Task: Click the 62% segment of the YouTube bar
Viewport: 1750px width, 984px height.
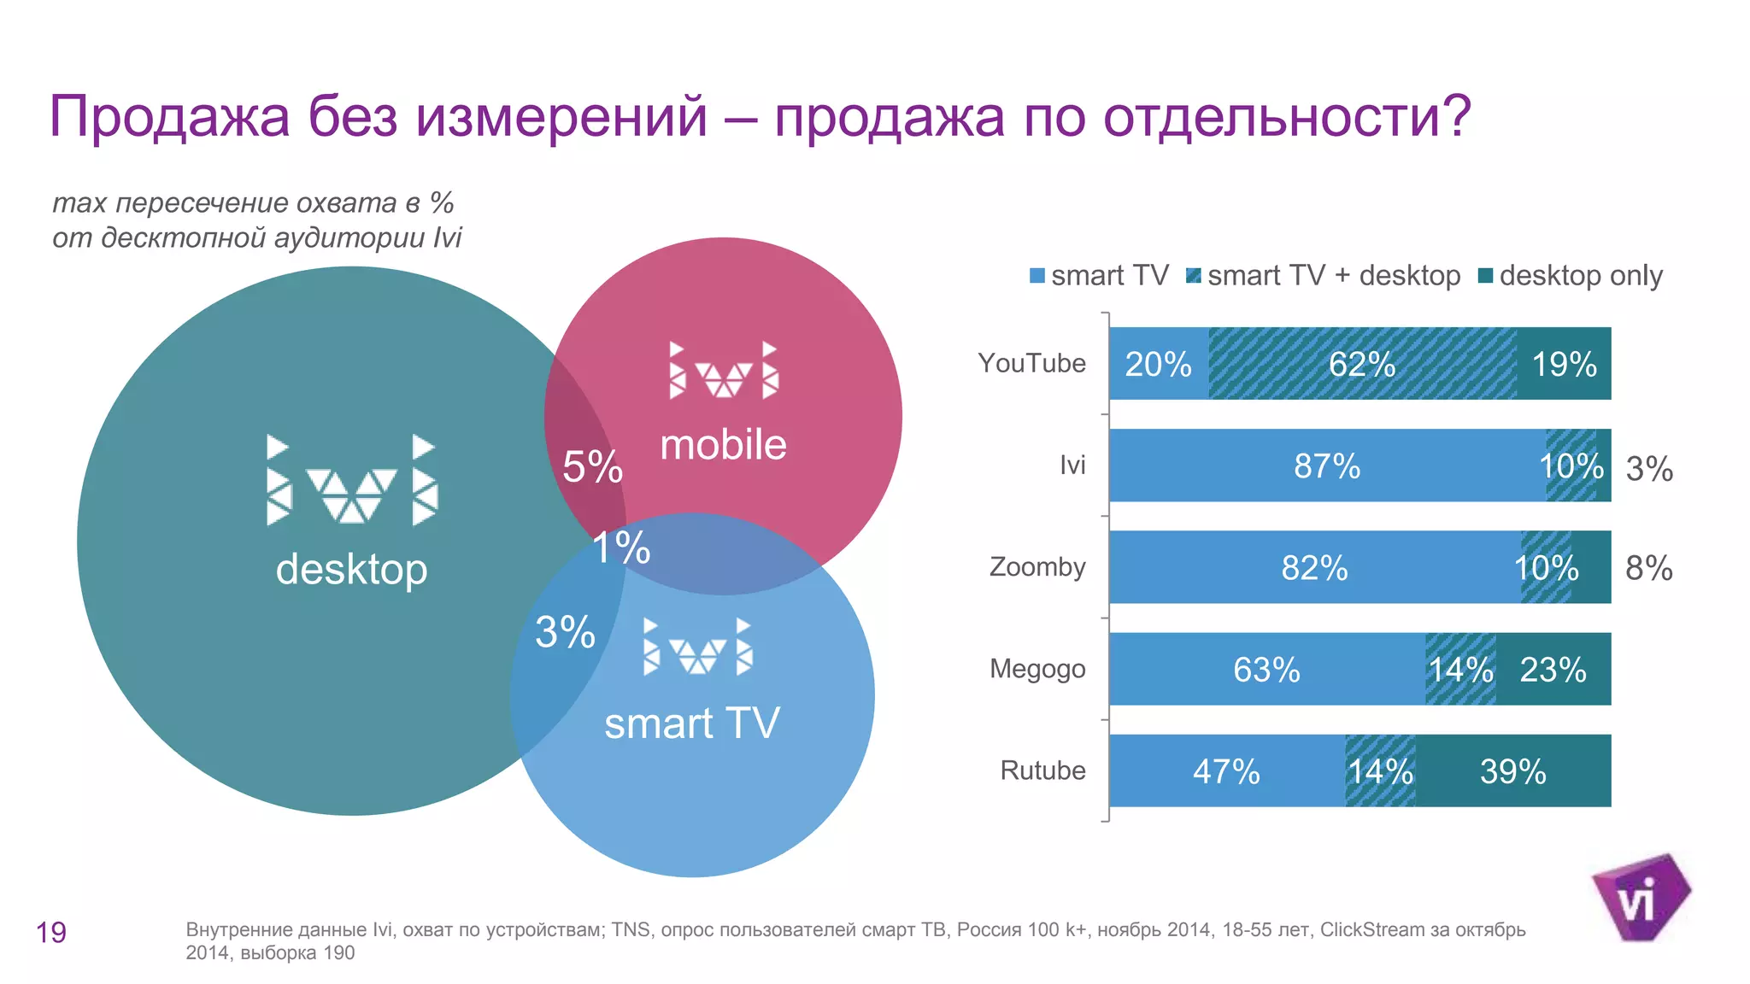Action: click(x=1362, y=364)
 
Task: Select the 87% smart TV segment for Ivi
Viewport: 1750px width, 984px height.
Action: click(x=1326, y=466)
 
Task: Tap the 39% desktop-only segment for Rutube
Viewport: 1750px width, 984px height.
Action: click(x=1512, y=771)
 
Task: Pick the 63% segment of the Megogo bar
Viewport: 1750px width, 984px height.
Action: click(x=1266, y=669)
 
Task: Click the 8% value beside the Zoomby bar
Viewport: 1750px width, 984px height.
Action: click(x=1648, y=568)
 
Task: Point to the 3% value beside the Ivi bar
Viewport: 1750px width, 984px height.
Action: click(x=1648, y=468)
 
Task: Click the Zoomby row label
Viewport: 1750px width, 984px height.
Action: click(x=1036, y=566)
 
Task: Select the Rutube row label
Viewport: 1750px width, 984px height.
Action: click(x=1042, y=770)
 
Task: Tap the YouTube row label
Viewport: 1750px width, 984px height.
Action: click(x=1031, y=363)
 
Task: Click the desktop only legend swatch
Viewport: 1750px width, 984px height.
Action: click(x=1485, y=275)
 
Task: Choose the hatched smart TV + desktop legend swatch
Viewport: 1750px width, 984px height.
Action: click(x=1194, y=275)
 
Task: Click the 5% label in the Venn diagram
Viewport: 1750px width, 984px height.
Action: click(x=592, y=466)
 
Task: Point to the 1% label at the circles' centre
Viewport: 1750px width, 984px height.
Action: click(x=621, y=548)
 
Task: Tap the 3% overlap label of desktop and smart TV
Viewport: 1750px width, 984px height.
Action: click(x=565, y=632)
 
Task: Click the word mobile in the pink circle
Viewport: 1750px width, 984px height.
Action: click(x=723, y=445)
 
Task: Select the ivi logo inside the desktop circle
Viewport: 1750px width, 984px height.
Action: click(x=351, y=480)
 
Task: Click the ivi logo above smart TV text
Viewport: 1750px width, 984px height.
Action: click(x=697, y=647)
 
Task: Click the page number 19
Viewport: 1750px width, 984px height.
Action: click(x=51, y=932)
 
